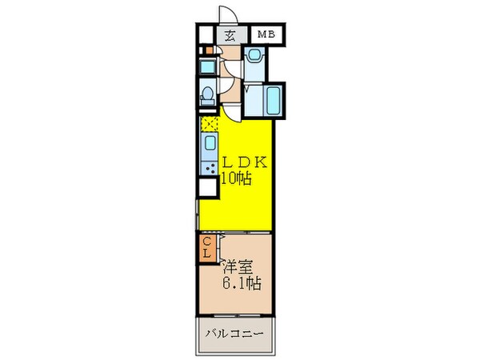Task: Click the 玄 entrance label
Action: [230, 35]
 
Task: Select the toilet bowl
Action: [208, 95]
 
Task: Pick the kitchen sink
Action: [210, 144]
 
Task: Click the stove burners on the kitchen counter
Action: [210, 168]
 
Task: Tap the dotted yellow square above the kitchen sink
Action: [210, 123]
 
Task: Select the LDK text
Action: [245, 162]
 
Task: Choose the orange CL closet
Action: [206, 248]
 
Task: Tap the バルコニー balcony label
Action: [237, 333]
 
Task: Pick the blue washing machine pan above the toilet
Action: [206, 66]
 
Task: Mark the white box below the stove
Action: [208, 189]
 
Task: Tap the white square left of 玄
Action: [207, 34]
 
